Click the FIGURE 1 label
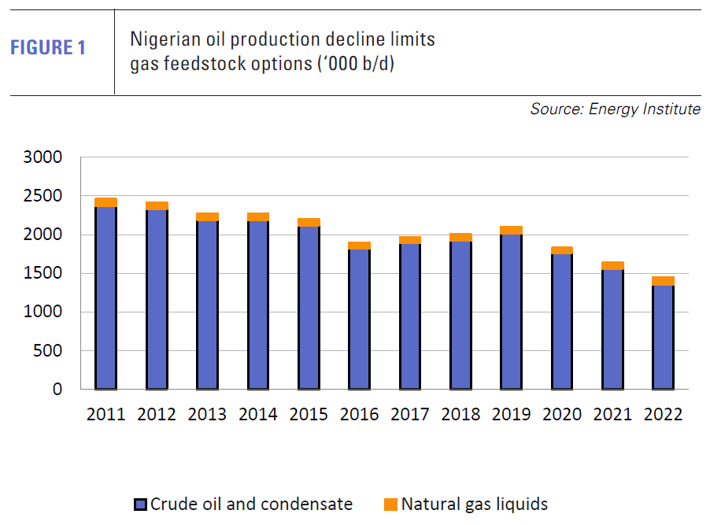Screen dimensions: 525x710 48,48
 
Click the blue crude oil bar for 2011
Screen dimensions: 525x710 105,299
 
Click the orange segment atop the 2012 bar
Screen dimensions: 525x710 157,206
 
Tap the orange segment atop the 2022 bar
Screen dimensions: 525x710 663,281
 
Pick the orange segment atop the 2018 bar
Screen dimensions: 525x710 460,238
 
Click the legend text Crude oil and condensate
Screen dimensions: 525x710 251,505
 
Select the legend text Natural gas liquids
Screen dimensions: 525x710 474,505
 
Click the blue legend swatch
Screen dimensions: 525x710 140,505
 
